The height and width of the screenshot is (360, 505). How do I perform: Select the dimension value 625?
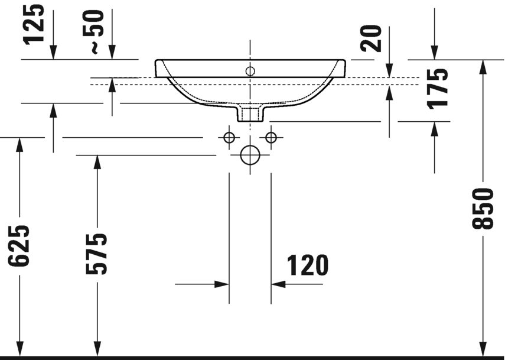[x=19, y=245]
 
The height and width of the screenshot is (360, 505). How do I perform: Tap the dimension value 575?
[x=97, y=254]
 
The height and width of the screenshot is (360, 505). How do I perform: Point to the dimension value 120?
[x=307, y=266]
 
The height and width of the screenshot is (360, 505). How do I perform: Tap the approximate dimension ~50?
[x=96, y=33]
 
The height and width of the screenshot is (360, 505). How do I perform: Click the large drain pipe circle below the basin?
[x=250, y=155]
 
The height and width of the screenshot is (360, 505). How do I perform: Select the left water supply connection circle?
[x=229, y=138]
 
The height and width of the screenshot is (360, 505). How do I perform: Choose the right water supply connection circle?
[x=271, y=138]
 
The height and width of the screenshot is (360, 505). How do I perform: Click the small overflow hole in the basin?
[x=250, y=72]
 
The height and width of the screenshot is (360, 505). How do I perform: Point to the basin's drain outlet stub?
[x=250, y=113]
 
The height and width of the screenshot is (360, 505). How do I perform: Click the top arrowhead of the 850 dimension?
[x=483, y=66]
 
